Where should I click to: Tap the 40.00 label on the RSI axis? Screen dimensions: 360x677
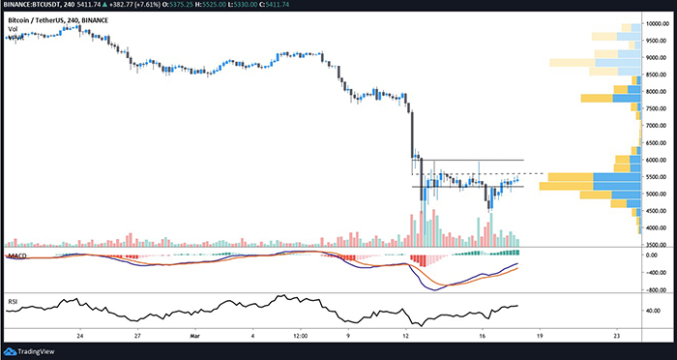click(x=654, y=311)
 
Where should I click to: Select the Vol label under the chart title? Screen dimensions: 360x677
click(x=13, y=30)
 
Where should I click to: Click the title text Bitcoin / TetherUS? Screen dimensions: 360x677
click(x=45, y=19)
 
